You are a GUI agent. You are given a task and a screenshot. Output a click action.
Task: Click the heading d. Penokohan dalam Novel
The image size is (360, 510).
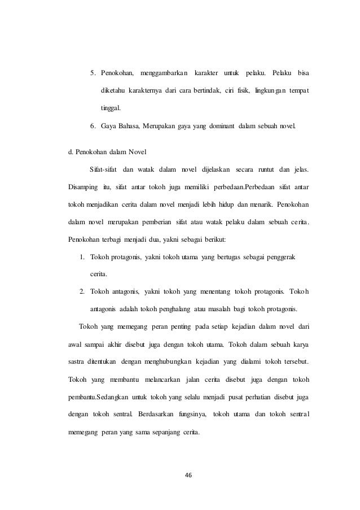point(107,152)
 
